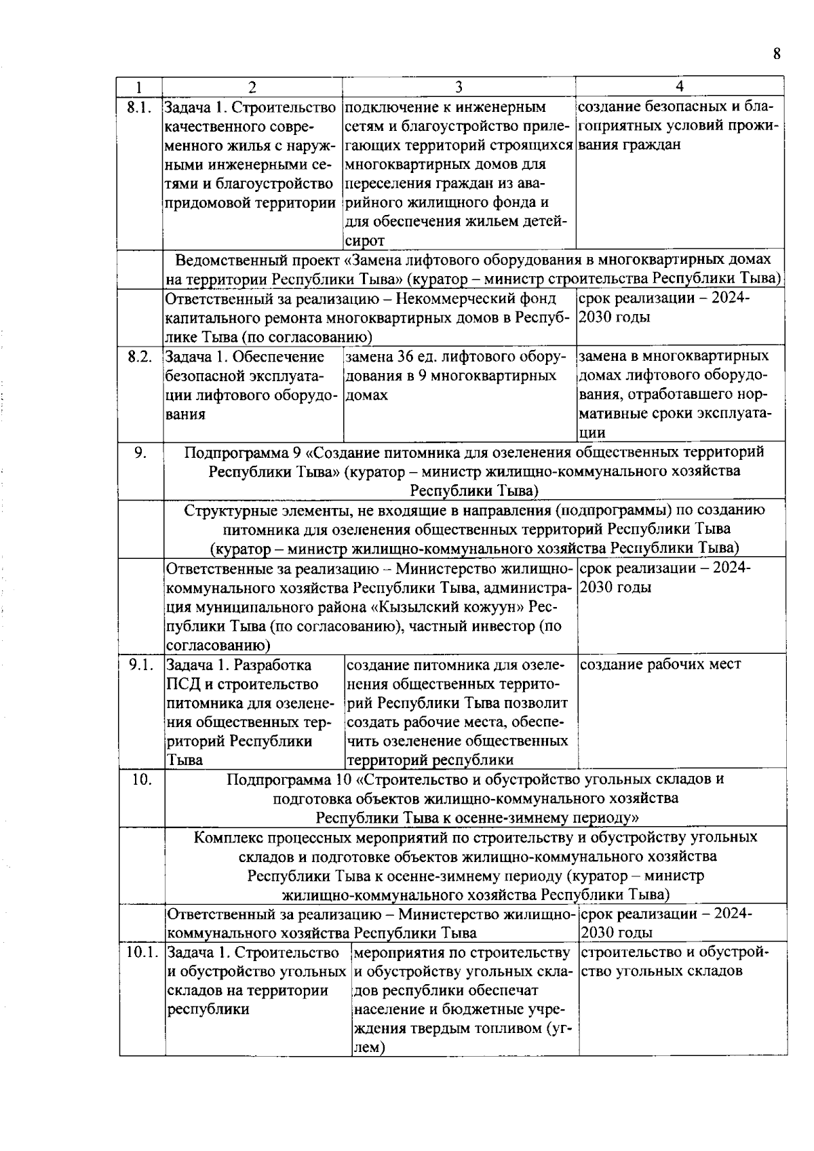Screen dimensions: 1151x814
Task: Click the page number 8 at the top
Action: pos(777,54)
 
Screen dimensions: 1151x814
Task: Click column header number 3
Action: pos(459,86)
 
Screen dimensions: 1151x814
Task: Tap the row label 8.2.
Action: pos(139,356)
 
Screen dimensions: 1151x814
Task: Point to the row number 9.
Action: pos(140,452)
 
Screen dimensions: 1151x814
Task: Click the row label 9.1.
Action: pos(140,665)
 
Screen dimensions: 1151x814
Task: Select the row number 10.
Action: pos(142,779)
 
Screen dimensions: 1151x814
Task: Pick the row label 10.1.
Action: pos(142,952)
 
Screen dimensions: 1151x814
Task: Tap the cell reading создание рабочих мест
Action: pos(661,665)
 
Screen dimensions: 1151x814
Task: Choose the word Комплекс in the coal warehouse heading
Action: pos(225,837)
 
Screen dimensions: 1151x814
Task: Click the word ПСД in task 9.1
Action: pos(180,684)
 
